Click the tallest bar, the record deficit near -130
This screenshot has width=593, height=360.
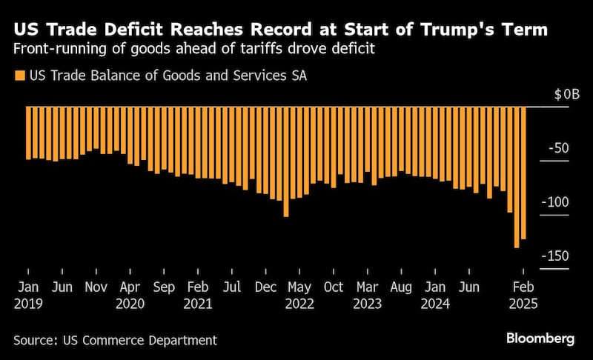point(517,177)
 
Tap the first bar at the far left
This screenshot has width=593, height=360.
point(28,133)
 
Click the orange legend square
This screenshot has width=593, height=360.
point(20,76)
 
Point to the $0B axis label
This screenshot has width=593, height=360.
point(566,94)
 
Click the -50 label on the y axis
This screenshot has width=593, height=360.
point(559,148)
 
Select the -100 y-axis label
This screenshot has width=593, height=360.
point(555,202)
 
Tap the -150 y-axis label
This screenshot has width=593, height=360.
point(555,256)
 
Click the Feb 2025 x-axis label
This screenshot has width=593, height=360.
point(523,296)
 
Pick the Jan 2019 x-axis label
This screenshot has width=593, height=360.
point(28,296)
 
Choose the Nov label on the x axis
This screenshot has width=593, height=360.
point(96,287)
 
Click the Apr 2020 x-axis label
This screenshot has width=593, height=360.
point(130,296)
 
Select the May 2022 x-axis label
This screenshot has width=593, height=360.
point(299,296)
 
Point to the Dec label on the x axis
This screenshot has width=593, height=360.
point(265,287)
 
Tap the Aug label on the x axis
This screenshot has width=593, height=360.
point(401,287)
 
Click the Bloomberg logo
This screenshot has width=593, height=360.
point(540,338)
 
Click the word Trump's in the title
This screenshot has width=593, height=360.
point(456,29)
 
